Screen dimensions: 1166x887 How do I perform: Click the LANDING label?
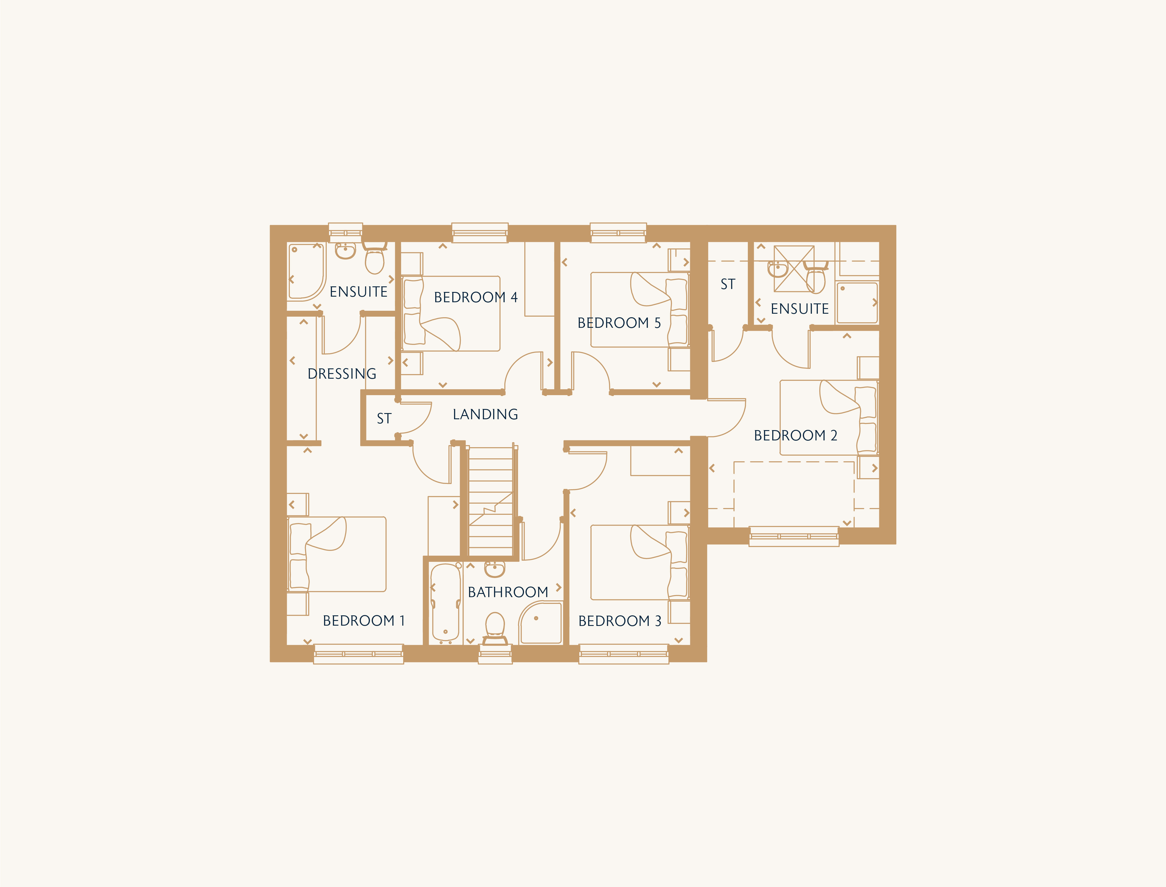pyautogui.click(x=485, y=415)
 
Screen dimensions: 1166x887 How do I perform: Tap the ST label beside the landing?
pyautogui.click(x=384, y=419)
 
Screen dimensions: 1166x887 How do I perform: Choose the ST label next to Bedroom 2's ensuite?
pyautogui.click(x=728, y=284)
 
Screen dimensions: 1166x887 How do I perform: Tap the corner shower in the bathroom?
pyautogui.click(x=540, y=623)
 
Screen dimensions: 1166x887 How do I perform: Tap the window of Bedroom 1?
pyautogui.click(x=358, y=654)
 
